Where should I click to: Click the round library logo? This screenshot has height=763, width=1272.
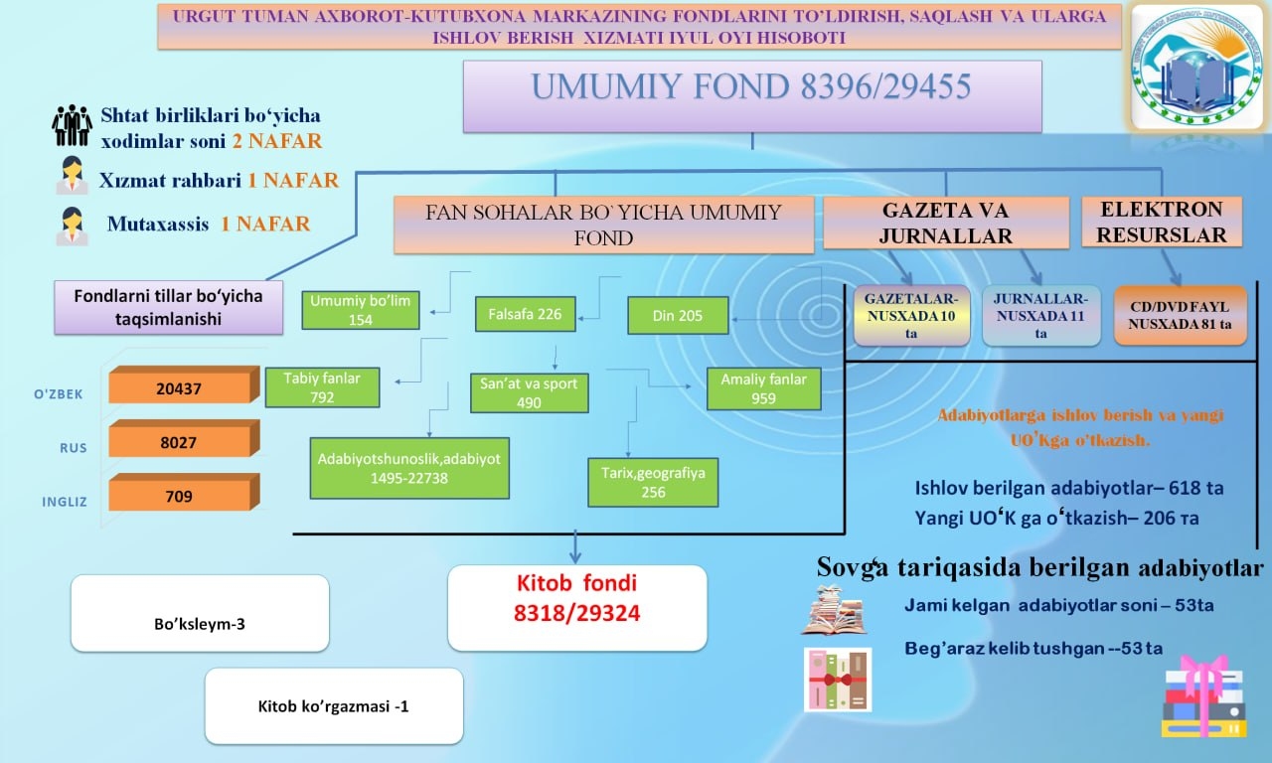point(1198,67)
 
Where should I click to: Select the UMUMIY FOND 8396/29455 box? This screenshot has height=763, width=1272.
point(752,96)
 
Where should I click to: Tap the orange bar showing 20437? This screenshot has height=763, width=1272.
point(184,384)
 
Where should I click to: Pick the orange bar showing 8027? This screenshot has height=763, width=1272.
point(184,439)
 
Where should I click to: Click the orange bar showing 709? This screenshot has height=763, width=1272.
point(184,492)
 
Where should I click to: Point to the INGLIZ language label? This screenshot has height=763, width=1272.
point(65,502)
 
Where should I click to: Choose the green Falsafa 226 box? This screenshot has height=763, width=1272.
point(526,314)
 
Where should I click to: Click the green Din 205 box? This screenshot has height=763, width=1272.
point(678,316)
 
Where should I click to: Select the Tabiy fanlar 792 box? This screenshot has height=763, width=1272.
point(322,387)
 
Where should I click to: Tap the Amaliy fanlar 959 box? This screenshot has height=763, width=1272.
point(764,388)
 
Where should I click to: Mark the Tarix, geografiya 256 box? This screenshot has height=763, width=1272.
point(653,483)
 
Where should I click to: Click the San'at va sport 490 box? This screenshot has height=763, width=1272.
point(530,392)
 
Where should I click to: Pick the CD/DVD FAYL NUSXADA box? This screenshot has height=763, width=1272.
point(1180,316)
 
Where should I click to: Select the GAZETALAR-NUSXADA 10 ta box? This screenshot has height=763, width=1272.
point(911,316)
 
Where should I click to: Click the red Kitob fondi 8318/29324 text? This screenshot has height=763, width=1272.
point(577,598)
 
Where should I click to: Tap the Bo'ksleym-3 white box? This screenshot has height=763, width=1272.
point(200,613)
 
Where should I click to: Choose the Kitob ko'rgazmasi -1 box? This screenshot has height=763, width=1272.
point(334,705)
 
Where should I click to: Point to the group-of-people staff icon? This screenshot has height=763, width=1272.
point(72,125)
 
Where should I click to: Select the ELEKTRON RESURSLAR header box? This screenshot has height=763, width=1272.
point(1162,222)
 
